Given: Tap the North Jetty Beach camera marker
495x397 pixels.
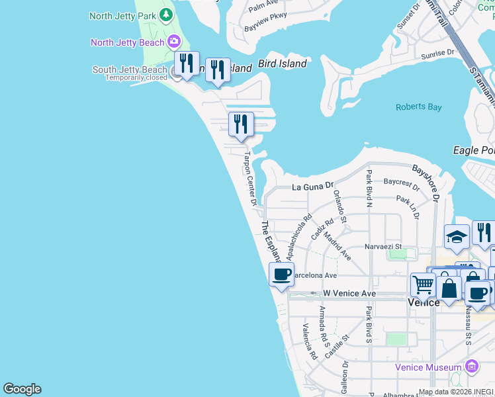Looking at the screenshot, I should tap(175, 42).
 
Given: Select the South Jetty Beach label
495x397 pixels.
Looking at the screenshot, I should tap(130, 70).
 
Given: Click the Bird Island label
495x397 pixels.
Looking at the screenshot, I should tap(283, 64).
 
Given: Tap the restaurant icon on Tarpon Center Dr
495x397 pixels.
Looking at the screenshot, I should tap(242, 124).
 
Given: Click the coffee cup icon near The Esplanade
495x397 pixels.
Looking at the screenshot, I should tap(281, 274).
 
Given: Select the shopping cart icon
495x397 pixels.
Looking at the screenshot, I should tap(423, 285).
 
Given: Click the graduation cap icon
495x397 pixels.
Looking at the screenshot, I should tap(457, 238).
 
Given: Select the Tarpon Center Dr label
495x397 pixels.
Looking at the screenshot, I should tap(249, 179).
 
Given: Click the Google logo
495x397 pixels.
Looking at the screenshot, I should tap(22, 389).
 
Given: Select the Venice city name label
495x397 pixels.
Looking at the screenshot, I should tap(423, 302).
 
